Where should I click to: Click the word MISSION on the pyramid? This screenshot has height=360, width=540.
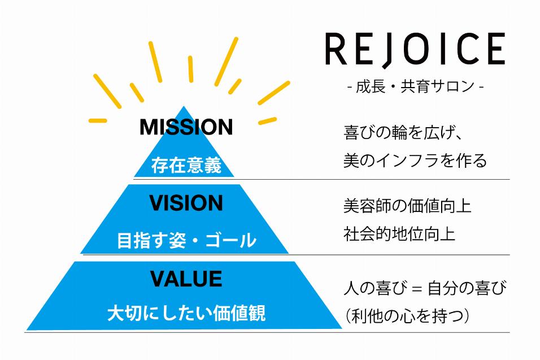tap(186, 127)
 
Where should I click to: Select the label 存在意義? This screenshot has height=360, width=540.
tap(186, 166)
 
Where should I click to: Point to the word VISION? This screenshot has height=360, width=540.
tap(186, 203)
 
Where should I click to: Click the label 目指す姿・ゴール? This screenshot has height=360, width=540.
tap(186, 241)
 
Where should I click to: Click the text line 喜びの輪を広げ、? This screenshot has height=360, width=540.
tap(403, 133)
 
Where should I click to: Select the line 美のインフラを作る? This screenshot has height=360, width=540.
tap(415, 161)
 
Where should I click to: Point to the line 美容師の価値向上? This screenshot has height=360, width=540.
tap(407, 206)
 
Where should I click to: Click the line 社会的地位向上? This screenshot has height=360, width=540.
tap(399, 233)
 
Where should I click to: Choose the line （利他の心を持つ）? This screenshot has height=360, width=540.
tap(407, 316)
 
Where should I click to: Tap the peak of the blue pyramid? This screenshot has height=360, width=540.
tap(184, 107)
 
